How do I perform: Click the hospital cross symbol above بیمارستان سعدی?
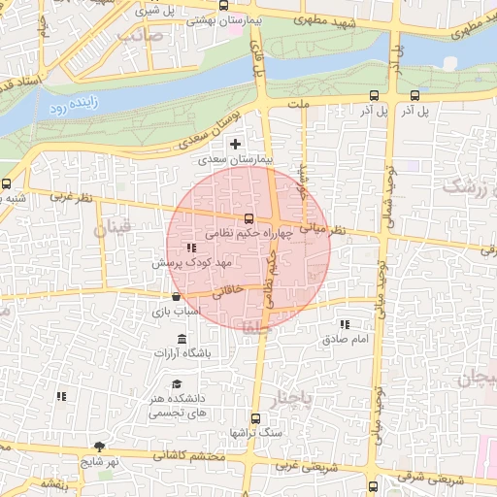tap(234, 144)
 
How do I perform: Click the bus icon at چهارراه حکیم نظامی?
tap(249, 218)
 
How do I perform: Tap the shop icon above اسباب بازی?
tap(176, 297)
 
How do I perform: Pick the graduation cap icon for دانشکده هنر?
tap(177, 384)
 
